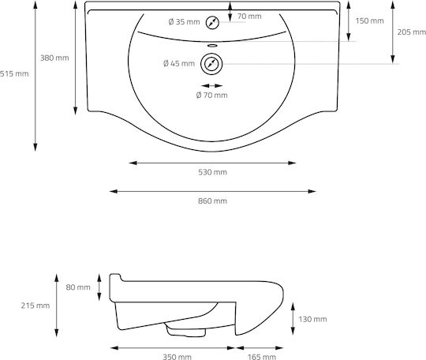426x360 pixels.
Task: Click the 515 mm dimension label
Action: click(x=14, y=73)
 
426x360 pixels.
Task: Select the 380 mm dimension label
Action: click(x=54, y=58)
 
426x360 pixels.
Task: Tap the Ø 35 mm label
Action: click(x=184, y=22)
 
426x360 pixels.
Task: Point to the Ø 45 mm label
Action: click(x=179, y=63)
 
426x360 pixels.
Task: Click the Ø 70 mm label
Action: click(x=212, y=96)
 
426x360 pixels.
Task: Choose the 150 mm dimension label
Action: click(x=369, y=21)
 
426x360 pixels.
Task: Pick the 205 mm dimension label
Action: click(x=412, y=32)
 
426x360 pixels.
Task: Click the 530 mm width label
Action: click(x=212, y=172)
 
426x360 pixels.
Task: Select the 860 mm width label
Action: click(x=212, y=201)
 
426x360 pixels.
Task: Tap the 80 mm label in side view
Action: click(x=78, y=287)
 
